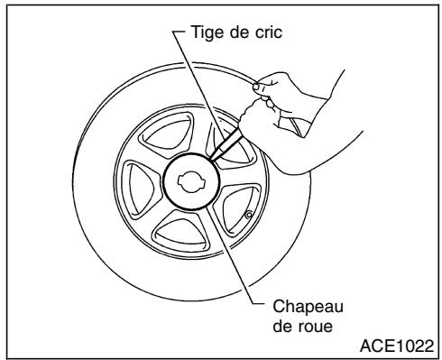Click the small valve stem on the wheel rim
pyautogui.click(x=248, y=214)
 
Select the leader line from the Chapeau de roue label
pyautogui.click(x=230, y=253)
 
